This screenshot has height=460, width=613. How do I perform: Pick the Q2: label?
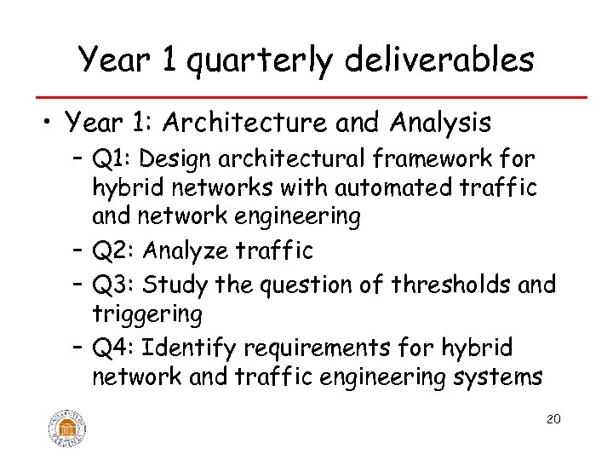click(x=114, y=251)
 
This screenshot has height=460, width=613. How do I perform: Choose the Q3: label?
click(x=114, y=284)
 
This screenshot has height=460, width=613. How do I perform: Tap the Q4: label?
click(x=115, y=348)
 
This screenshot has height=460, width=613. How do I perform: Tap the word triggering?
click(x=146, y=315)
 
